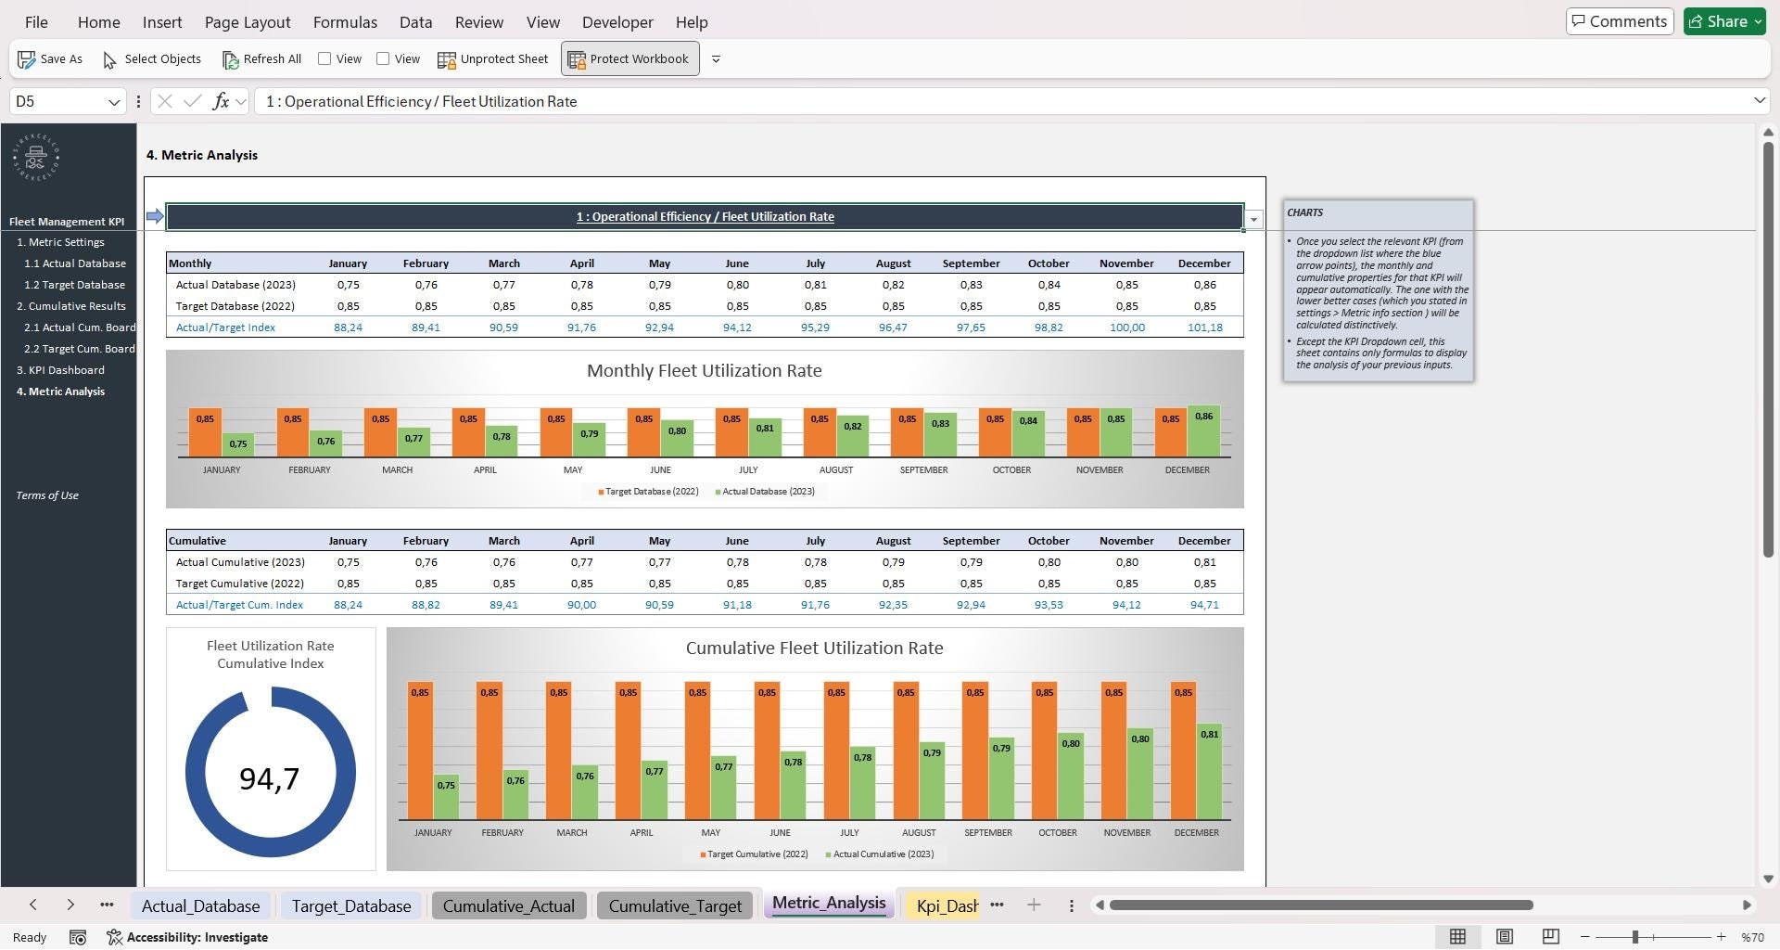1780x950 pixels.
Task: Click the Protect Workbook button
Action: pos(630,59)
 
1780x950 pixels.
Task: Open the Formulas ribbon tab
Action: pos(345,22)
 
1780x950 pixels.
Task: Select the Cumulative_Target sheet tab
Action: pos(675,906)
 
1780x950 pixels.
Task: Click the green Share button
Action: pos(1724,21)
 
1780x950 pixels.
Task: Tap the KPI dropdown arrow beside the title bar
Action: pos(1253,220)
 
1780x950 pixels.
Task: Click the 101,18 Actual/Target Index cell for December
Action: pos(1204,327)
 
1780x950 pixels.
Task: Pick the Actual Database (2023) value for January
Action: pos(348,285)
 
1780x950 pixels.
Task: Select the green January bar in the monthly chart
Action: pos(238,444)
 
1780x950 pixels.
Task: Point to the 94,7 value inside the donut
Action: pos(270,778)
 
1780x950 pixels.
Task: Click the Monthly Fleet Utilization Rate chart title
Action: pos(704,371)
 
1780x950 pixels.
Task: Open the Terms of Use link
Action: pos(47,495)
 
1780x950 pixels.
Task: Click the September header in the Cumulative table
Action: pos(971,541)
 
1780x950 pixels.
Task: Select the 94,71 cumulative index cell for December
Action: pos(1204,605)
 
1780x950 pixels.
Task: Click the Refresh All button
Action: pos(262,59)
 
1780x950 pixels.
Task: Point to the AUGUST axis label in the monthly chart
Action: pos(835,470)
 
